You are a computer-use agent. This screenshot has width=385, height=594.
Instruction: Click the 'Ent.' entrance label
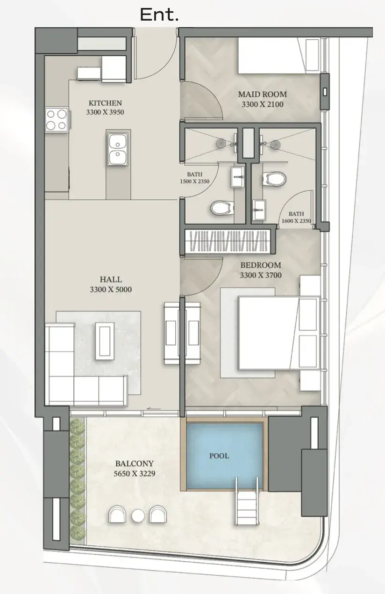click(159, 14)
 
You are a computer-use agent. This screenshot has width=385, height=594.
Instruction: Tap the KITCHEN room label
click(105, 103)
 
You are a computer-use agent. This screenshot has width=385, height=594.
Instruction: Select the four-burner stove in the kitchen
click(57, 120)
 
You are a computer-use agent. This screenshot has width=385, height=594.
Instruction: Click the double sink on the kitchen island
click(118, 150)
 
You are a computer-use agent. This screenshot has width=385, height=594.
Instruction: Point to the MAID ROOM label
click(262, 94)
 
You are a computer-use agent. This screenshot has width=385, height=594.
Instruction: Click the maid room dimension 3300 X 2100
click(262, 104)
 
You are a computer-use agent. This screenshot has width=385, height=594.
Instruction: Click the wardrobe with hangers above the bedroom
click(228, 241)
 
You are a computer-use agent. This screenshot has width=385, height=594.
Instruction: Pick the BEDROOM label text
click(261, 265)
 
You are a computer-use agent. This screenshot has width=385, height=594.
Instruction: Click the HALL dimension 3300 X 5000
click(111, 290)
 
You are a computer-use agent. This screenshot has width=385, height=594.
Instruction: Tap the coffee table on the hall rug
click(105, 341)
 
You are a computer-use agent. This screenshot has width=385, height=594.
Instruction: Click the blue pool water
click(224, 456)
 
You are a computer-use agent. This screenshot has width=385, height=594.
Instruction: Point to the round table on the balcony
click(138, 516)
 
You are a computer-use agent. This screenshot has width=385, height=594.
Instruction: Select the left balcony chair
click(117, 514)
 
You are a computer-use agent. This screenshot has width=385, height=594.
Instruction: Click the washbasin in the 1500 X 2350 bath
click(238, 177)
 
